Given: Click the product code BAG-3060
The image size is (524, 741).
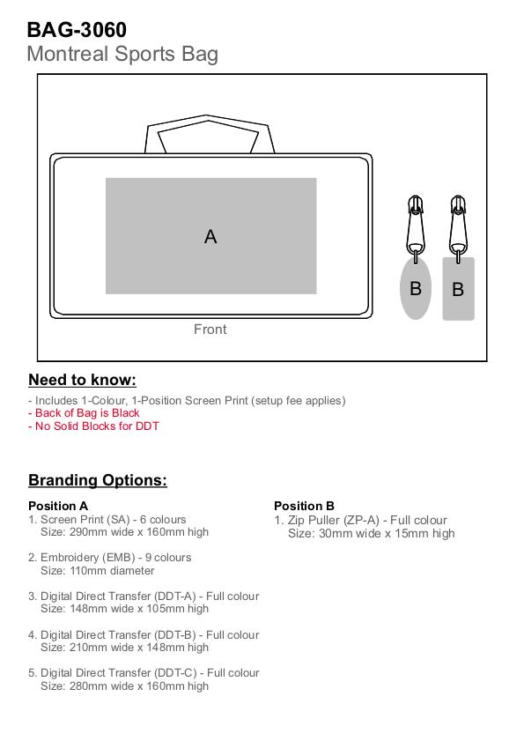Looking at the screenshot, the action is click(77, 30).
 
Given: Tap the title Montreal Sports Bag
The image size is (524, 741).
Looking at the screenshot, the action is click(122, 55).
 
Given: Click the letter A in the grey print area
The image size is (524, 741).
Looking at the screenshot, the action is click(210, 236).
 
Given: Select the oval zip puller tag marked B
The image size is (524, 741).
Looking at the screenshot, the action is click(416, 288).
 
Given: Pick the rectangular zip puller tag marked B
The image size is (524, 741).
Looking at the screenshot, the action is click(458, 289).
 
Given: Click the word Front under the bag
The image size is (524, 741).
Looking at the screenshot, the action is click(210, 329).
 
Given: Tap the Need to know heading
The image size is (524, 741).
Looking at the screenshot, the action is click(82, 380).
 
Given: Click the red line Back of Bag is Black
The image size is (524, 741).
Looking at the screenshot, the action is click(85, 413).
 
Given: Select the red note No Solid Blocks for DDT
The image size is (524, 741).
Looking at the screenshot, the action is click(93, 426).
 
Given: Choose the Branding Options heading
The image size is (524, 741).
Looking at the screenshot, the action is click(98, 480).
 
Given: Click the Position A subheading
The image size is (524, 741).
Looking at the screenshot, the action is click(58, 506).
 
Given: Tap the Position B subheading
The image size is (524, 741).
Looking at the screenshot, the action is click(305, 506).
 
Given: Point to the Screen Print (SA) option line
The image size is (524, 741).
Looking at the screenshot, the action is click(107, 519).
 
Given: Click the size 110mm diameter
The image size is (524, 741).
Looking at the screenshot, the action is click(98, 571).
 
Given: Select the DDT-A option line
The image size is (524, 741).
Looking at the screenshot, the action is click(144, 597).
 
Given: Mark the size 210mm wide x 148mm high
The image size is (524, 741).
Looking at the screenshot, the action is click(124, 648).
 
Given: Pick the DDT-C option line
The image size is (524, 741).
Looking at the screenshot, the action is click(144, 673).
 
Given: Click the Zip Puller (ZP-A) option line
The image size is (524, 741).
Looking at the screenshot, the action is click(360, 521).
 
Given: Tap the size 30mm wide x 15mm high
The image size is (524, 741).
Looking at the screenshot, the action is click(372, 534).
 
